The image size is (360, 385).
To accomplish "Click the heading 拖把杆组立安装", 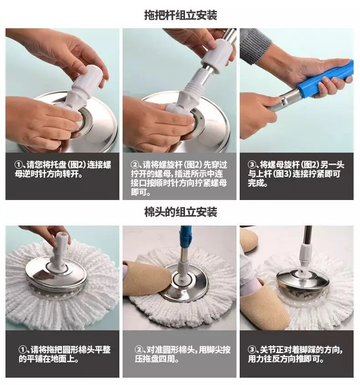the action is coord(180,15).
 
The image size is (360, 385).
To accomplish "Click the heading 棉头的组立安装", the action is coord(180,212).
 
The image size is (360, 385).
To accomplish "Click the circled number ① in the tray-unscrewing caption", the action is coord(19,164).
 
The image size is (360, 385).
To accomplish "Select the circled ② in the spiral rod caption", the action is coord(135,164).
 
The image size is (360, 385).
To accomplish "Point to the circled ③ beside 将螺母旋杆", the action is coord(252,164).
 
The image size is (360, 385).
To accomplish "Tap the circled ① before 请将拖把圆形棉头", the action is coord(23,349).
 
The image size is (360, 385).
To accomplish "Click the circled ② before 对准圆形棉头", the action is coord(139,349).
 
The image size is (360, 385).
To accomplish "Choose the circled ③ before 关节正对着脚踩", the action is coord(252,349).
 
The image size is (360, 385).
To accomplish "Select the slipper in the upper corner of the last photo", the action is coord(248,239).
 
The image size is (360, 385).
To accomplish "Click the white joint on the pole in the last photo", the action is coord(306,255).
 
